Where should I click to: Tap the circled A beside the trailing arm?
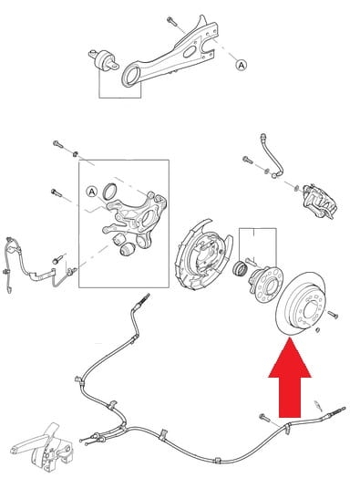click(242, 65)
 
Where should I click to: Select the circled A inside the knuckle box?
click(92, 192)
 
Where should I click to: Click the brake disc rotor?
click(300, 304)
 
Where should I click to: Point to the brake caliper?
click(320, 202)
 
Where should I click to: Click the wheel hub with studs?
click(265, 284)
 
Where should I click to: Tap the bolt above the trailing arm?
click(171, 21)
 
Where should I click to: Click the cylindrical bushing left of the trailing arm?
click(104, 60)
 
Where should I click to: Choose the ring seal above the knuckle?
click(109, 191)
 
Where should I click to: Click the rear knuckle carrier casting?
click(136, 218)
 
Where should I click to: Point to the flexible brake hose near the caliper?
click(272, 155)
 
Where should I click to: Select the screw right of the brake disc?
click(333, 315)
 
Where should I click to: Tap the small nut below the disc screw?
click(318, 329)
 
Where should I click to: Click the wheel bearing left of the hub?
click(239, 269)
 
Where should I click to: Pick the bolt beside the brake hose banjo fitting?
click(248, 160)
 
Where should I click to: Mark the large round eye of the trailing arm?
click(131, 77)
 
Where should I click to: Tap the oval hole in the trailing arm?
click(189, 52)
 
